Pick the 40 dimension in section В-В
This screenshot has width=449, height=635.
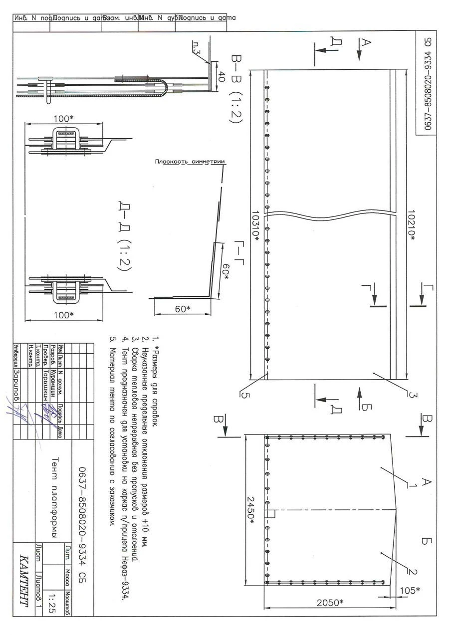(222, 76)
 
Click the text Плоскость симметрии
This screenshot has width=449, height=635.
(189, 162)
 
